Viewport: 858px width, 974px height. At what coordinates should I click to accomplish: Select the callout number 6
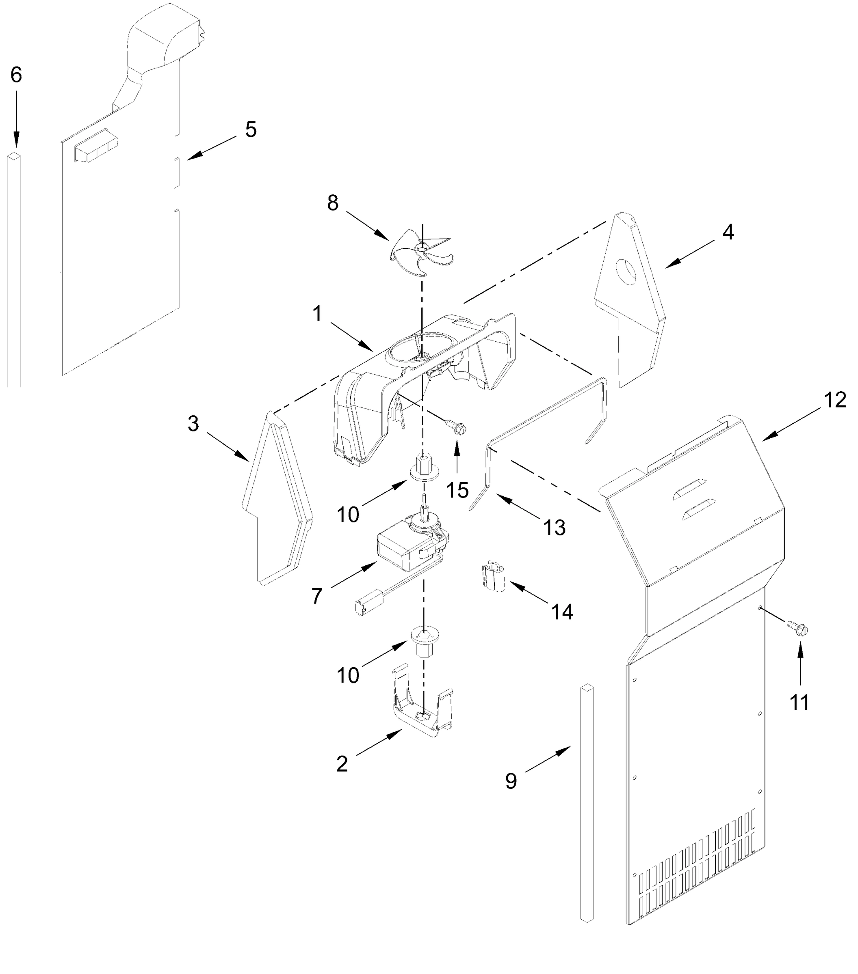point(16,75)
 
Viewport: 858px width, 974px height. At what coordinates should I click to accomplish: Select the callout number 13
point(555,528)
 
